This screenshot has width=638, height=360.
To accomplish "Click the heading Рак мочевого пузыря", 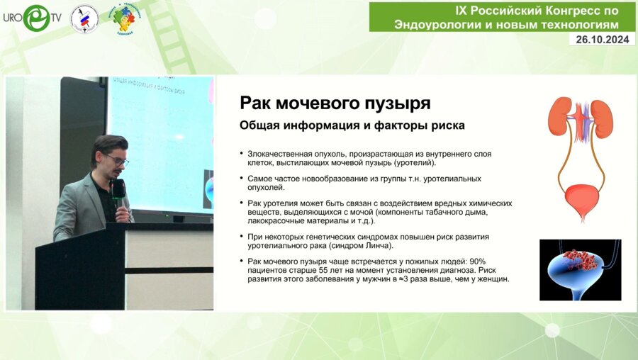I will tap(335, 103).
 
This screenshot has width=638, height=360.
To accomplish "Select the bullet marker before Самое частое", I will tap(242, 179).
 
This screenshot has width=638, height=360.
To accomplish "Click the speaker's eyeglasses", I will tap(116, 159).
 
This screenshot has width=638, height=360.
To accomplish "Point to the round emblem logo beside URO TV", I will tap(84, 18).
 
